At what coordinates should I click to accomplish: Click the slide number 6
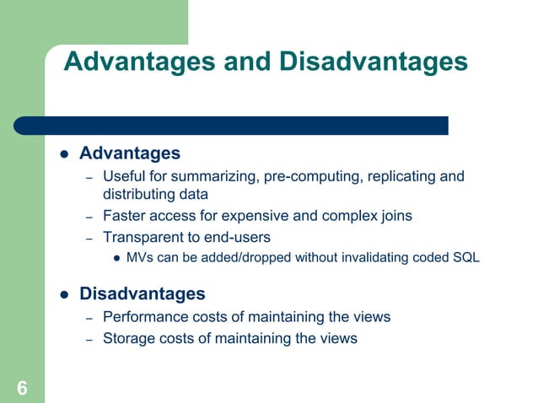tap(22, 389)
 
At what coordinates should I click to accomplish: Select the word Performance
tap(144, 317)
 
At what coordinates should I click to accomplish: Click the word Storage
tap(127, 338)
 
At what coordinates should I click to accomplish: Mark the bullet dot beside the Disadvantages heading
tap(63, 294)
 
